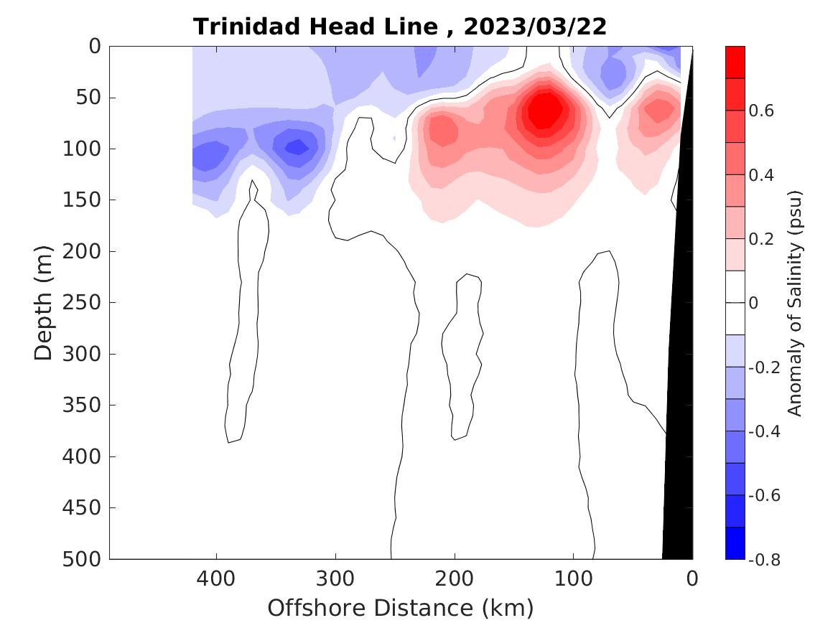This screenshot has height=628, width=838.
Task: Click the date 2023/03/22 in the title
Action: coord(535,27)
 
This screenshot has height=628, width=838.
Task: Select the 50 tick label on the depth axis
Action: coord(91,97)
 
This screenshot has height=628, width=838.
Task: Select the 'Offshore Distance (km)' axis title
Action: coord(401,608)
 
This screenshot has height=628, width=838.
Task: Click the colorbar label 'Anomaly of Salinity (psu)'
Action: coord(794,302)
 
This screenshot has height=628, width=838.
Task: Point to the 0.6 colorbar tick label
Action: coord(763,111)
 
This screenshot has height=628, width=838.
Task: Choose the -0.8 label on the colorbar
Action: coord(764,558)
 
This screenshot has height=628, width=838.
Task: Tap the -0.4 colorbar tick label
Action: coord(764,431)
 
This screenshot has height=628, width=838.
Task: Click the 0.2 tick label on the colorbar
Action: coord(763,239)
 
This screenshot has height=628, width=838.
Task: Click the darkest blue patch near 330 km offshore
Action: coord(295,147)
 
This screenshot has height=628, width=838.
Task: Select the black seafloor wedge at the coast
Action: coord(679,431)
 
